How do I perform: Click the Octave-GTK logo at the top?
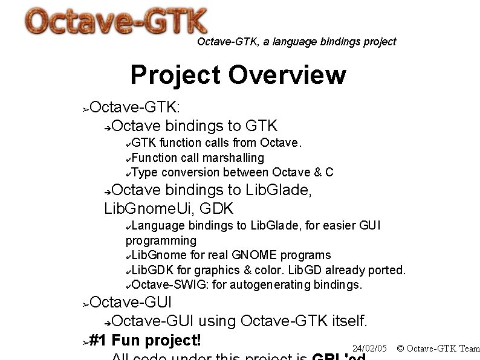[116, 22]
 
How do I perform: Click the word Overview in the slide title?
[287, 76]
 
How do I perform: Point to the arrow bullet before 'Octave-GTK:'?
[86, 109]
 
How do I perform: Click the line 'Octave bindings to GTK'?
[194, 126]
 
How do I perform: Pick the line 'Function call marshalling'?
[197, 158]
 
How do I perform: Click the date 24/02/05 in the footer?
[369, 349]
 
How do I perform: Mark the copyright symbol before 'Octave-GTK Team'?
[400, 349]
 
